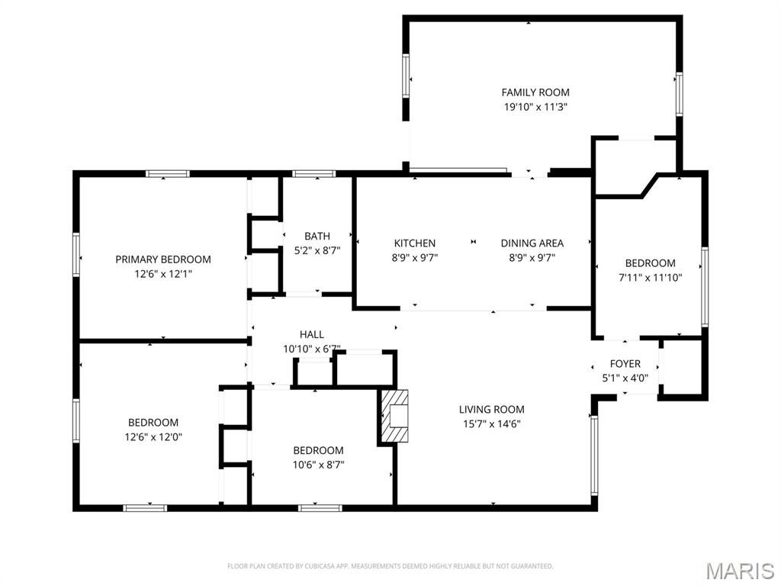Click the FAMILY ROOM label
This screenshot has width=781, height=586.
535,92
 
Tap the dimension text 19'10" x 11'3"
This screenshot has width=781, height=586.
535,108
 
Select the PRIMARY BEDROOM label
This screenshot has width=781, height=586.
163,259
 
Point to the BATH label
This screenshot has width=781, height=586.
317,237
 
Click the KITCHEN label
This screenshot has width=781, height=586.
415,243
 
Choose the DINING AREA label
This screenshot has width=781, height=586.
532,243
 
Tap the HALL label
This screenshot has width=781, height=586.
312,334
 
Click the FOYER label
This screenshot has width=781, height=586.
625,364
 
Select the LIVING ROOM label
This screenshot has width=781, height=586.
492,410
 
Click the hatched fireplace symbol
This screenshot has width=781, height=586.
395,416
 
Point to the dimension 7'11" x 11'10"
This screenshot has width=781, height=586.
651,279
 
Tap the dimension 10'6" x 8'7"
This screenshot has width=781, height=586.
319,465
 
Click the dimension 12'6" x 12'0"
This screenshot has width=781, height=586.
153,437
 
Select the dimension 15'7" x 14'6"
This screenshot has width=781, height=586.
492,424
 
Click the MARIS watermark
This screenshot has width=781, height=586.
740,570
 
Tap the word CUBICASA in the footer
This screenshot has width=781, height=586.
313,566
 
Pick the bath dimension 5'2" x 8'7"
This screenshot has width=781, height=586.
317,250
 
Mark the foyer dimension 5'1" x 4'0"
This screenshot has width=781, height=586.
625,378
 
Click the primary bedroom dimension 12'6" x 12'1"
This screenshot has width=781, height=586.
163,273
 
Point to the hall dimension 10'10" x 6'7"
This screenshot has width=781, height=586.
312,349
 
